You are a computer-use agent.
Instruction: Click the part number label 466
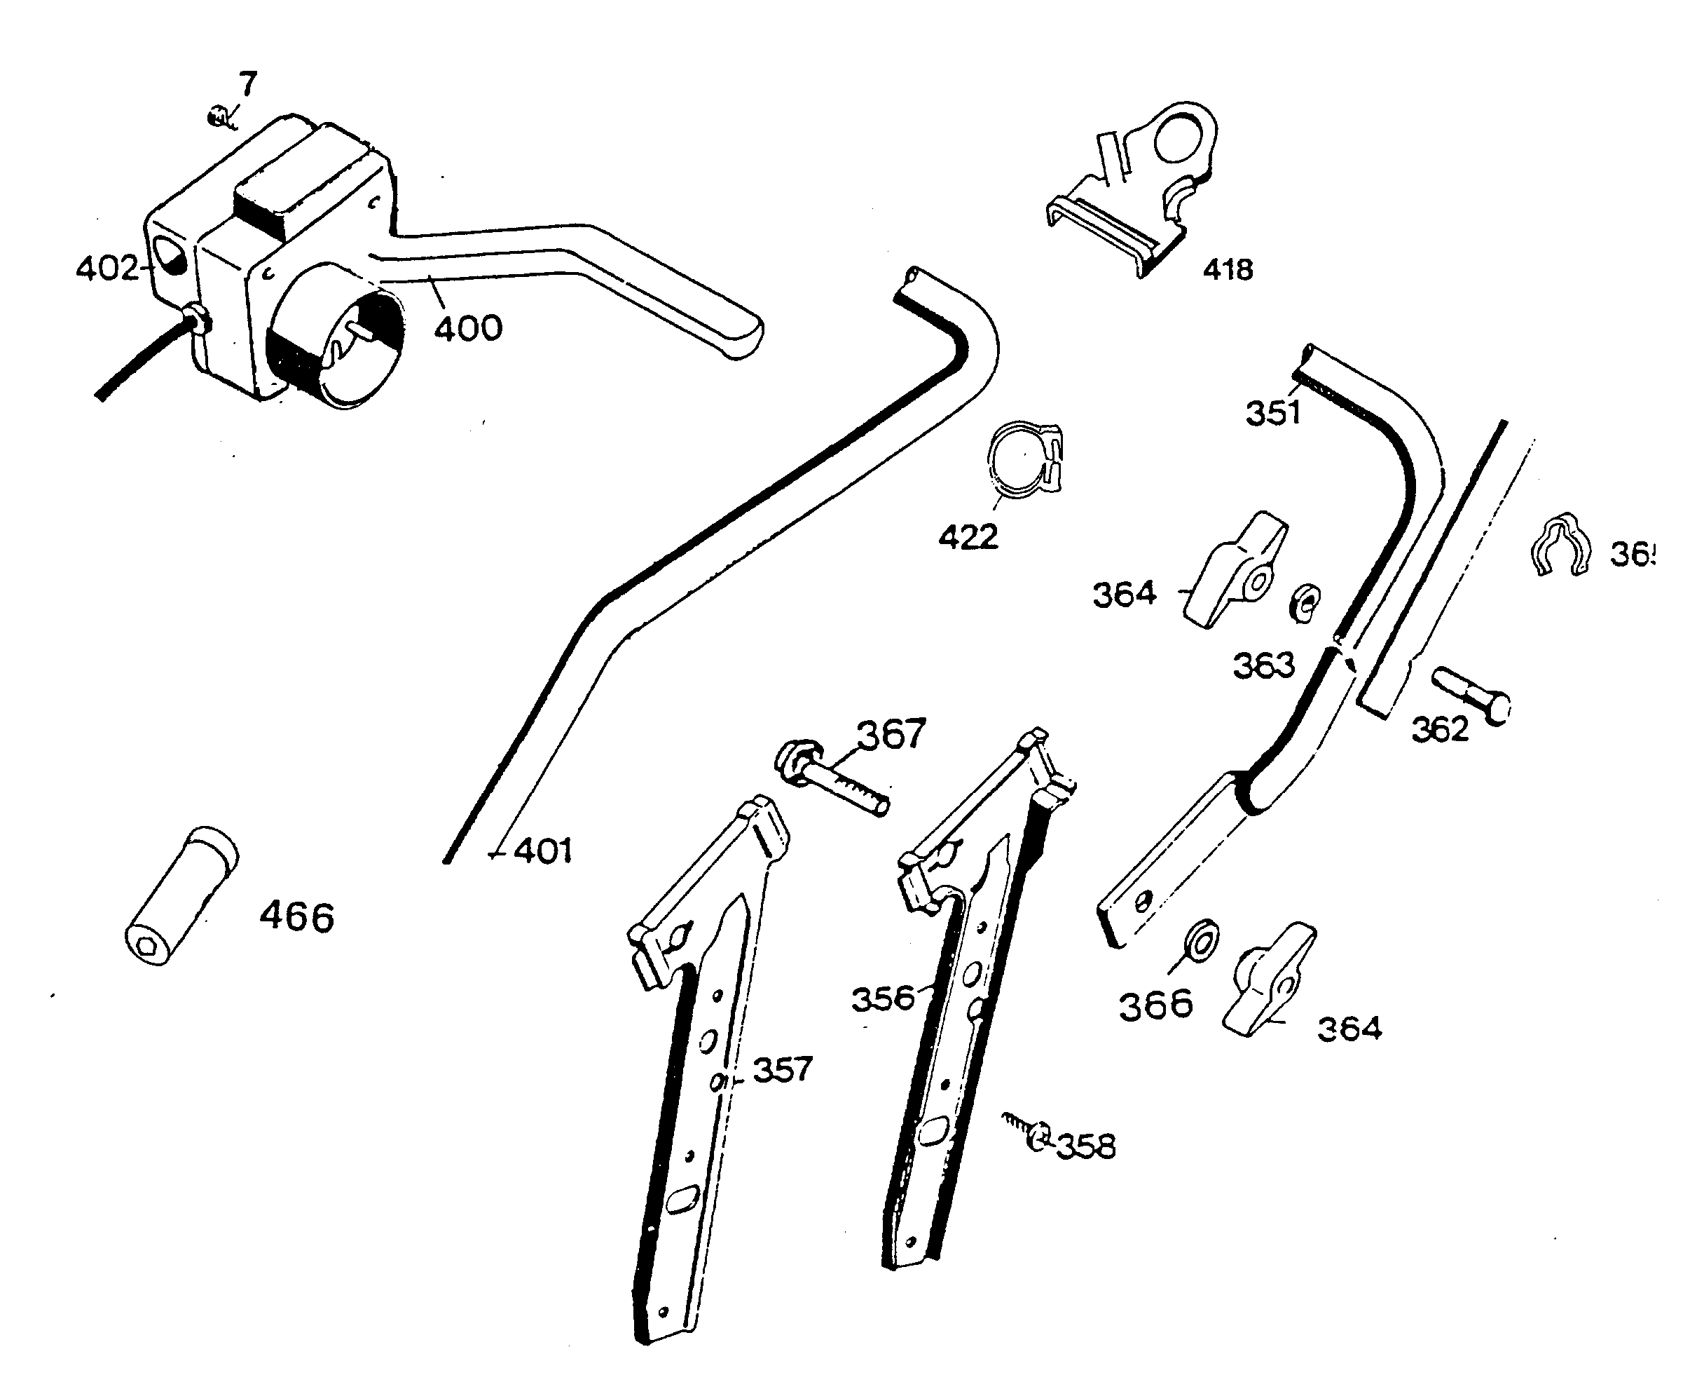297,918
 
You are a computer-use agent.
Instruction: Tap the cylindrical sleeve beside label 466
182,896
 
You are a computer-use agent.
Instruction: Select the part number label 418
1228,270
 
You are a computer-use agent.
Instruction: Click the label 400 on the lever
468,328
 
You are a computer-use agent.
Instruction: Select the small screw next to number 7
216,118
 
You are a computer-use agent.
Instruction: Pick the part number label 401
542,852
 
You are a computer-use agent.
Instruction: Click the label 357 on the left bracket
783,1070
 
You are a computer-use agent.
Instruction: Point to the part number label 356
883,999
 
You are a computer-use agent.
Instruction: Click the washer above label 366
1200,940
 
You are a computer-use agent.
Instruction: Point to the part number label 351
1272,413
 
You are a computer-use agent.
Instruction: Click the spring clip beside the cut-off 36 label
1560,545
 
